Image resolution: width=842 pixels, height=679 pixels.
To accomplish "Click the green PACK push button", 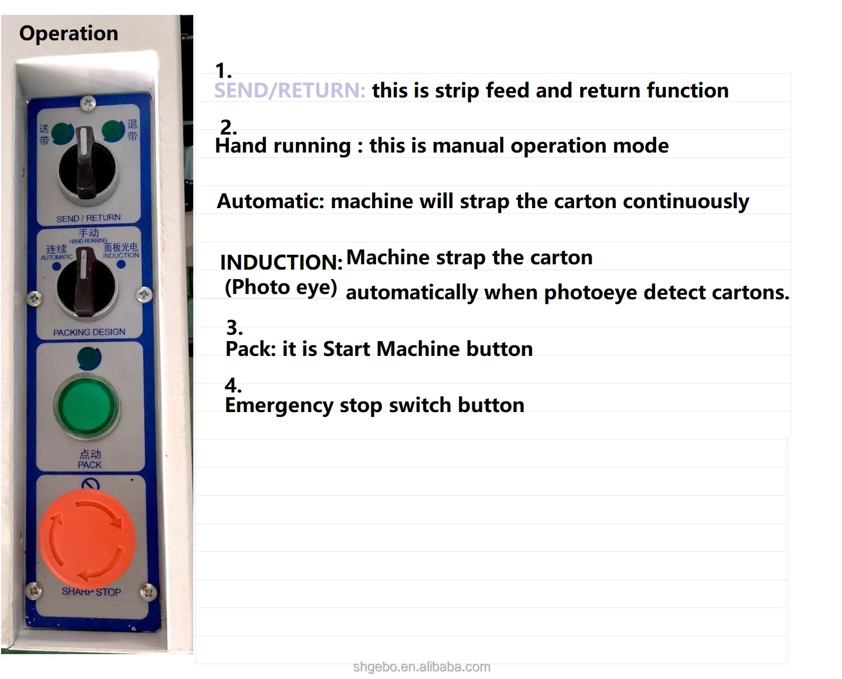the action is [x=86, y=407].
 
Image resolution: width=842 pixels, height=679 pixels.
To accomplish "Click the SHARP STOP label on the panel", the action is [x=91, y=592].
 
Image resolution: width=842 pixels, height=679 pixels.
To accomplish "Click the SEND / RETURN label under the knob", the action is [x=88, y=218].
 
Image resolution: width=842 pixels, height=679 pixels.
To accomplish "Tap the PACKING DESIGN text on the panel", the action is [x=89, y=332].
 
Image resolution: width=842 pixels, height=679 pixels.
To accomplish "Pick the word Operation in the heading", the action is [x=68, y=33].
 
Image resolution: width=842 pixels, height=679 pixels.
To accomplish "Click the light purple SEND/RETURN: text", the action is [x=290, y=91].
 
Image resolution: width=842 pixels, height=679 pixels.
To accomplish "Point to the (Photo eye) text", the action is [x=281, y=287].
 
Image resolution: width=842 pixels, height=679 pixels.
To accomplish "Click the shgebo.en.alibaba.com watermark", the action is [x=422, y=667].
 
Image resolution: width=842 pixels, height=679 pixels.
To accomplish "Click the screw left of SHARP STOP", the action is [x=34, y=589].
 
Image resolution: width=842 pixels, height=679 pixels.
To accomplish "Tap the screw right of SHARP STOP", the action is [x=148, y=591].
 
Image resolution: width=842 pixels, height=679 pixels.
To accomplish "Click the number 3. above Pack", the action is [x=234, y=328].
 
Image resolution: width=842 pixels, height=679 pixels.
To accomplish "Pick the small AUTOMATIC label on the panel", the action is [x=57, y=257].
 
